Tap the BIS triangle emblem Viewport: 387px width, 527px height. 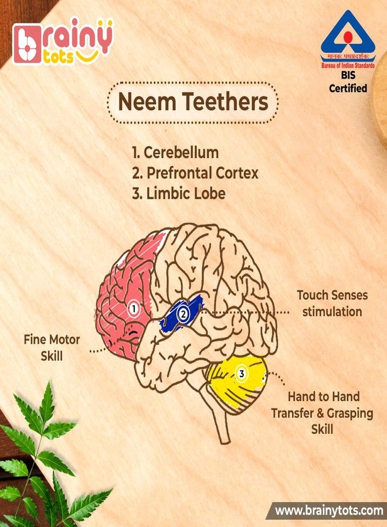pyautogui.click(x=348, y=33)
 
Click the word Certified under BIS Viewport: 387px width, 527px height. pyautogui.click(x=348, y=88)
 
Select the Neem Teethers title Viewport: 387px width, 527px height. pyautogui.click(x=193, y=102)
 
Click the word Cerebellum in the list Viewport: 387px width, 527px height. pyautogui.click(x=181, y=153)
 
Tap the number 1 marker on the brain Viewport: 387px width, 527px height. pyautogui.click(x=134, y=308)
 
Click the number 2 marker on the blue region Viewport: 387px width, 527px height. pyautogui.click(x=183, y=314)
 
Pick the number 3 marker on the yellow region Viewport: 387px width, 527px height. pyautogui.click(x=241, y=373)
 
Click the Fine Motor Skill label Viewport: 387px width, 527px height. pyautogui.click(x=52, y=347)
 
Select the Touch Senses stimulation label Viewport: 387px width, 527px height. pyautogui.click(x=332, y=303)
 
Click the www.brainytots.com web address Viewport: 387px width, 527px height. pyautogui.click(x=329, y=511)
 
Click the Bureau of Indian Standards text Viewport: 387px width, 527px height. pyautogui.click(x=348, y=65)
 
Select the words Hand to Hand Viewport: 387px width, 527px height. pyautogui.click(x=324, y=396)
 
